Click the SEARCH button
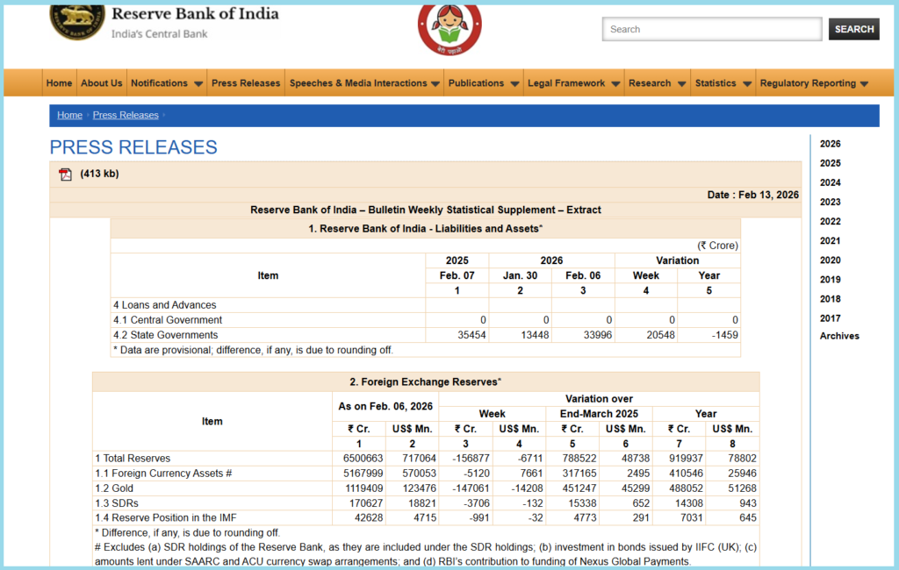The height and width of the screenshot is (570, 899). click(x=853, y=29)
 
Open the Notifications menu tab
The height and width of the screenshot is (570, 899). click(x=167, y=83)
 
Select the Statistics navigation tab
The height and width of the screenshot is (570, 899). click(x=723, y=83)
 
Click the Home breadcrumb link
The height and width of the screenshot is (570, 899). click(x=69, y=115)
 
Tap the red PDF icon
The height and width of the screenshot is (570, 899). click(x=65, y=174)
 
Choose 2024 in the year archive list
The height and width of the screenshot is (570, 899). click(x=830, y=182)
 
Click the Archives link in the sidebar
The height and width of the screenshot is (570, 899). click(x=839, y=336)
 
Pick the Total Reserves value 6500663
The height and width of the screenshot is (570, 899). click(x=363, y=458)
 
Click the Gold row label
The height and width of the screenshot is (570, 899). click(x=109, y=488)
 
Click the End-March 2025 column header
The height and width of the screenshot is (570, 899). click(x=599, y=413)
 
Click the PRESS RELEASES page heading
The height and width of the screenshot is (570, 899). click(x=133, y=146)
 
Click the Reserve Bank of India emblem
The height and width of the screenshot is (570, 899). click(x=76, y=20)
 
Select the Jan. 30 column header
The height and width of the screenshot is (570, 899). click(x=520, y=275)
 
